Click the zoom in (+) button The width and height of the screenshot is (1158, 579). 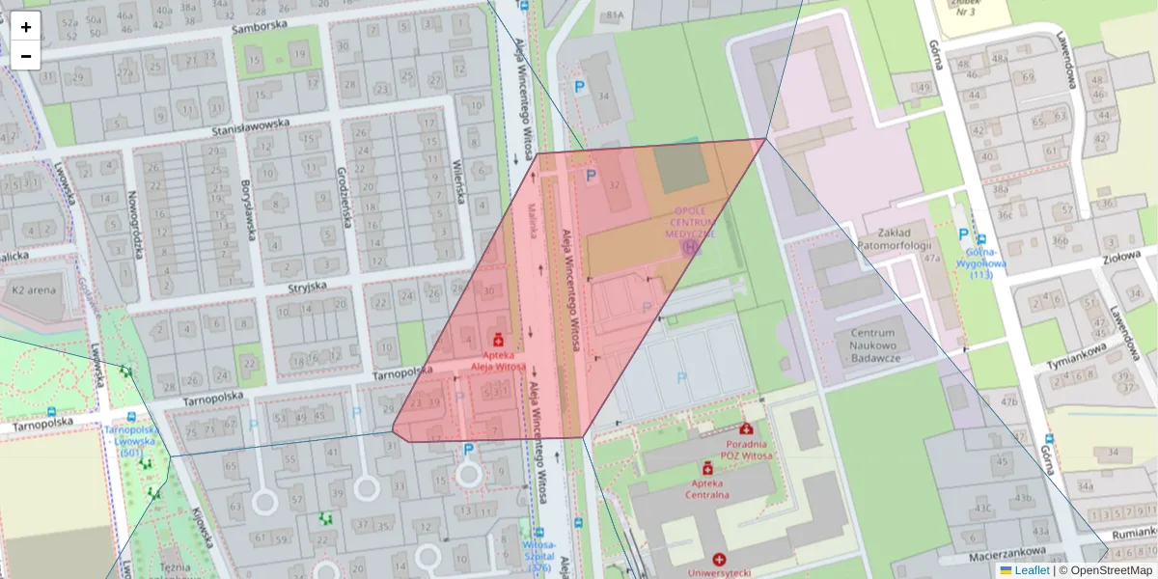pyautogui.click(x=26, y=27)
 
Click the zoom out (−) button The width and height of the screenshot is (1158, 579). pyautogui.click(x=26, y=56)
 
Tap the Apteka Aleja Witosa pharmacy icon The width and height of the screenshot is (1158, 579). pyautogui.click(x=498, y=340)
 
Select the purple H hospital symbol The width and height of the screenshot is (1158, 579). pyautogui.click(x=689, y=247)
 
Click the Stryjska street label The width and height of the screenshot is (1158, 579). pyautogui.click(x=307, y=287)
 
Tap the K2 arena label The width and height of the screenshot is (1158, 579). pyautogui.click(x=35, y=289)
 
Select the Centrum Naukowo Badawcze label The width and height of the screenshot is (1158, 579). pyautogui.click(x=873, y=345)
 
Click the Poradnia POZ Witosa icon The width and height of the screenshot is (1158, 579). pyautogui.click(x=745, y=428)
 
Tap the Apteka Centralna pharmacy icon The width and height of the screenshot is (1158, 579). pyautogui.click(x=707, y=468)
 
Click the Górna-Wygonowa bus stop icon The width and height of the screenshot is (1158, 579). pyautogui.click(x=981, y=239)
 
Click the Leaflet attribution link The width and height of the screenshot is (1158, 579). pyautogui.click(x=1032, y=570)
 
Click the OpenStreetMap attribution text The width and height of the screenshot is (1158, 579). pyautogui.click(x=1109, y=570)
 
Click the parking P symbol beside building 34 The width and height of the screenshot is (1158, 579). pyautogui.click(x=580, y=87)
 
